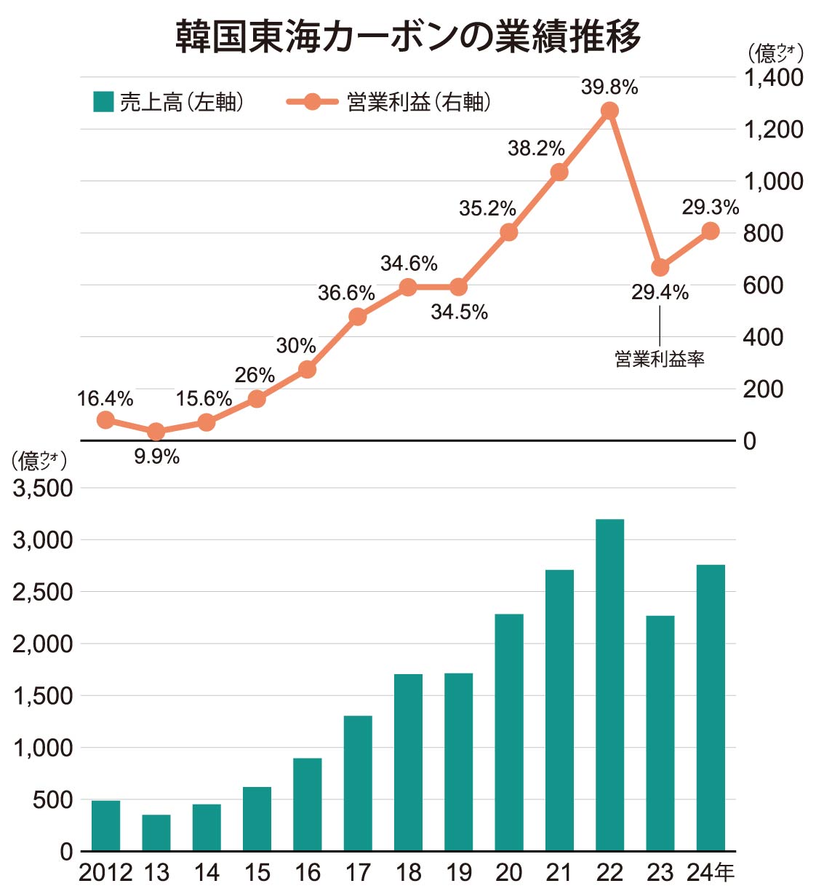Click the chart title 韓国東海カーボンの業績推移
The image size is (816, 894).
point(408,36)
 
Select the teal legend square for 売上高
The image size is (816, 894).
point(103,101)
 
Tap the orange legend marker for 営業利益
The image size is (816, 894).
point(312,101)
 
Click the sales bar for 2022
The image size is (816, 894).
point(609,684)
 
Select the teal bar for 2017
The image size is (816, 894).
point(358,783)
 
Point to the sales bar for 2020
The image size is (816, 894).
point(509,732)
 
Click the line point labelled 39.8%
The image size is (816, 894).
point(609,111)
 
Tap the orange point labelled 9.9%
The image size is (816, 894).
point(156,432)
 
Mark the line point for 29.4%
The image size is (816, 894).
point(660,267)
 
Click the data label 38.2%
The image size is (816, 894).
point(536,149)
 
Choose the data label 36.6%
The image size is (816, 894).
point(346,293)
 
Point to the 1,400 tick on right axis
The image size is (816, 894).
point(773,77)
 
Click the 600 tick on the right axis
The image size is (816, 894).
point(763,285)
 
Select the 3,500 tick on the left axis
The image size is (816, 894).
point(43,488)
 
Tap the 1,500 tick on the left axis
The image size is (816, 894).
point(43,695)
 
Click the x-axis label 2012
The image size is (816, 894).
point(105,872)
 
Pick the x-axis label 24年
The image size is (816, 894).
point(711,872)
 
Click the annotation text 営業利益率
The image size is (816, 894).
point(660,359)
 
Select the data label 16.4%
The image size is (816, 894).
point(105,399)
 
